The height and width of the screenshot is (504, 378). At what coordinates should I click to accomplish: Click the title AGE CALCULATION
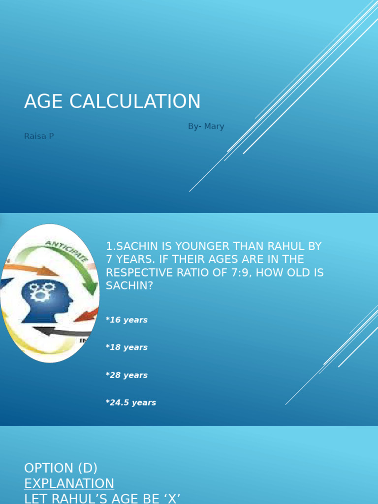[112, 101]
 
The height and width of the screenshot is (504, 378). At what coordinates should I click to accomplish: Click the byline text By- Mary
[206, 126]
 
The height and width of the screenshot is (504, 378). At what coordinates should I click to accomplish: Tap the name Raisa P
[39, 136]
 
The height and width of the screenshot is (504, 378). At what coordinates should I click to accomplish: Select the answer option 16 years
[126, 320]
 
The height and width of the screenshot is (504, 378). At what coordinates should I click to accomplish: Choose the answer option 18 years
[126, 347]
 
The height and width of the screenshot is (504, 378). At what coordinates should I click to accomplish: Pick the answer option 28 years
[126, 375]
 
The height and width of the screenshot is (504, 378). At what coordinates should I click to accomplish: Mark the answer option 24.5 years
[131, 403]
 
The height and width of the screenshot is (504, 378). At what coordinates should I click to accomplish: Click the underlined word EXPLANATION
[69, 483]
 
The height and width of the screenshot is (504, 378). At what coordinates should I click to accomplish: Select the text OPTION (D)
[61, 468]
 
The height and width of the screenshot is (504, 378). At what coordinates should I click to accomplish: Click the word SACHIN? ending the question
[129, 285]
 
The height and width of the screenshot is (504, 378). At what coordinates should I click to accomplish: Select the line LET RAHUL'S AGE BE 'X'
[102, 499]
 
